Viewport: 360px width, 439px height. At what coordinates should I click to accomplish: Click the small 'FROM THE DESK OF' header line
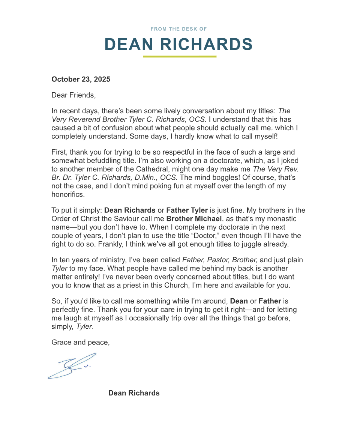click(178, 29)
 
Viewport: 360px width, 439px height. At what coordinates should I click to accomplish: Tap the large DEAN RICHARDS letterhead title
click(178, 44)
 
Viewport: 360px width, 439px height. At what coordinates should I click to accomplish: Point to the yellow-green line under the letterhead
click(180, 57)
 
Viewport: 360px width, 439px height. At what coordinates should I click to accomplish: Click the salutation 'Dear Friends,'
click(73, 95)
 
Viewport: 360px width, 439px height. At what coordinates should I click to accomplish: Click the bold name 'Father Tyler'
click(187, 210)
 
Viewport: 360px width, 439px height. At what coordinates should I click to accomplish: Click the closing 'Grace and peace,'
click(80, 342)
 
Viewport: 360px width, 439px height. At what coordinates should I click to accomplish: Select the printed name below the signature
click(134, 393)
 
